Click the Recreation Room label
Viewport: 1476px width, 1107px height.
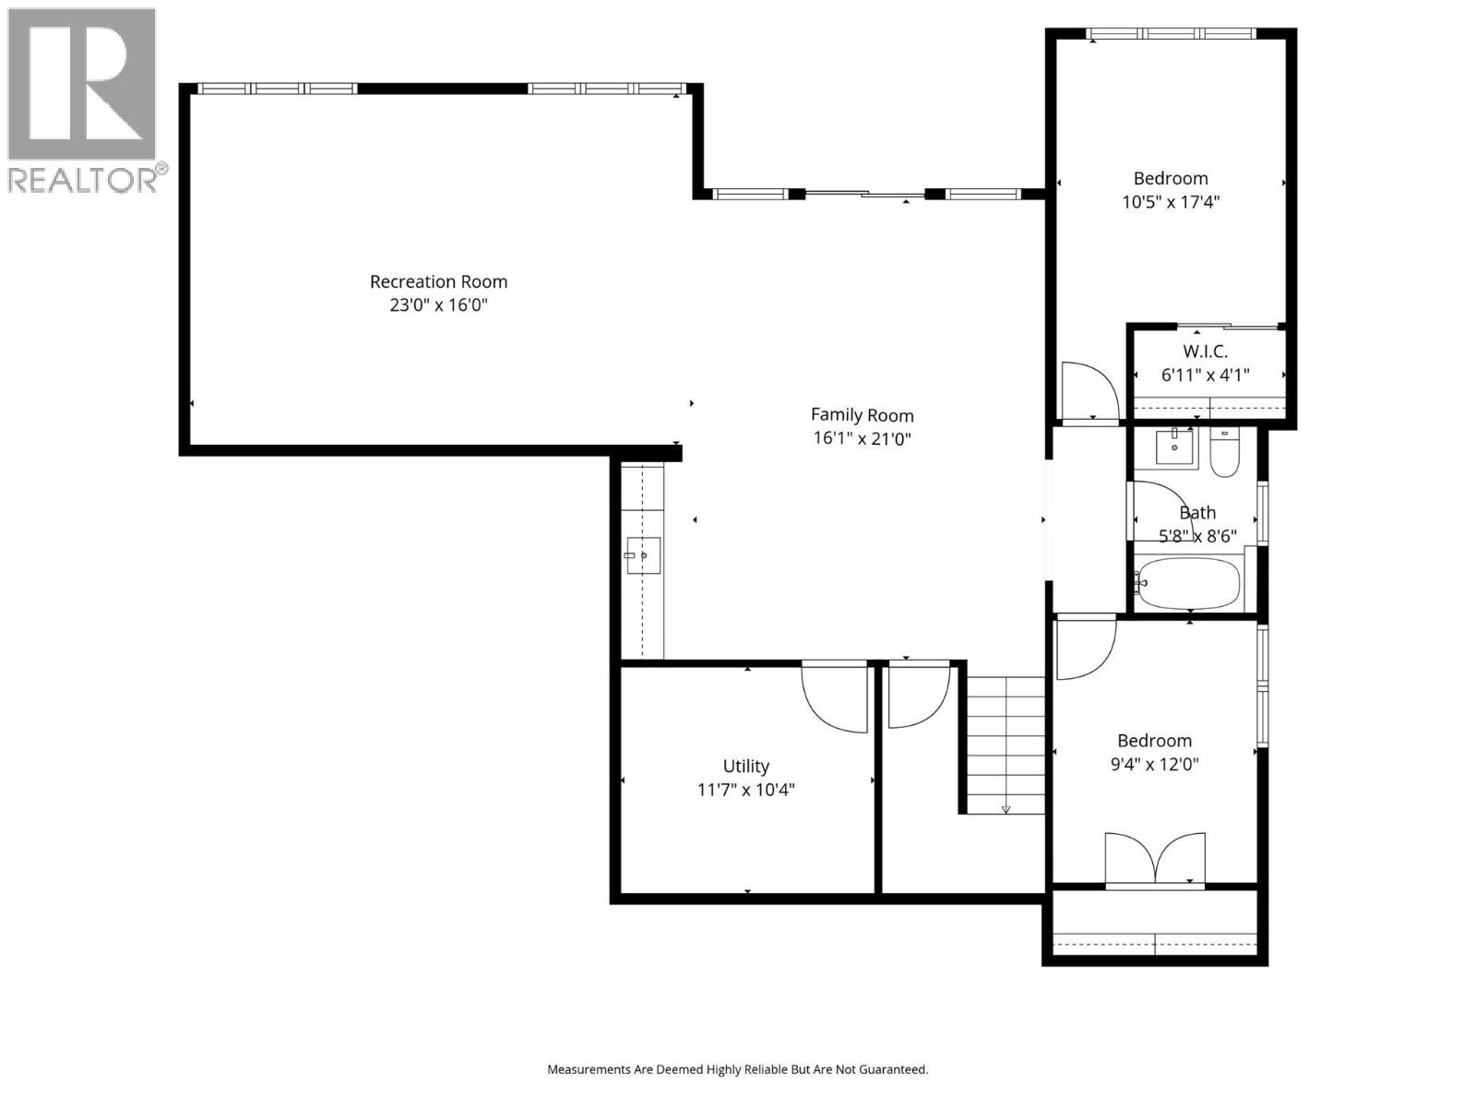click(x=438, y=281)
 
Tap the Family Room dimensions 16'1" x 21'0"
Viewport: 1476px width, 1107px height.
click(x=862, y=439)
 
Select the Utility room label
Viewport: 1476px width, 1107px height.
click(x=745, y=766)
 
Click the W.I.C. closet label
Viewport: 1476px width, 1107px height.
click(x=1205, y=351)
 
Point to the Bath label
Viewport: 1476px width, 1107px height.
click(x=1197, y=512)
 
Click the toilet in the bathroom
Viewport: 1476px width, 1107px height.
click(x=1224, y=454)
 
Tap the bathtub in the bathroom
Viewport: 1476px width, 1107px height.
click(x=1188, y=583)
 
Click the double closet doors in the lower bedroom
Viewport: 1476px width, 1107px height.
click(x=1155, y=862)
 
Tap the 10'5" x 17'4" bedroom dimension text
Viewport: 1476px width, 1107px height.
click(x=1170, y=202)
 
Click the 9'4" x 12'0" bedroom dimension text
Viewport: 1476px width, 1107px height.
click(x=1154, y=764)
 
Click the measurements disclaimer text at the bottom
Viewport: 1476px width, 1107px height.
click(x=737, y=1070)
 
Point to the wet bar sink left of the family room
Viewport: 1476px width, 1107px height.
click(x=642, y=555)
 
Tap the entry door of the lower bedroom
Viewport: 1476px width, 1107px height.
click(x=1086, y=649)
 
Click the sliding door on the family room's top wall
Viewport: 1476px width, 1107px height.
click(x=864, y=194)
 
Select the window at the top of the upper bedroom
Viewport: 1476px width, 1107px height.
click(x=1171, y=33)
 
